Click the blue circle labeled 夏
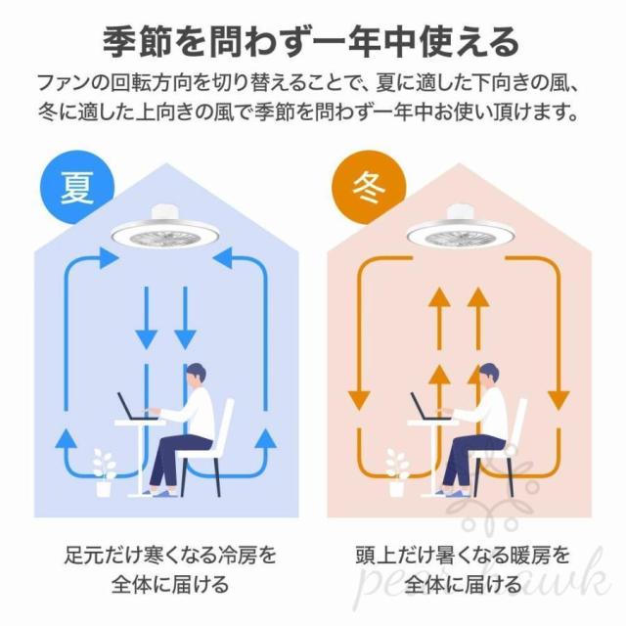pos(78,188)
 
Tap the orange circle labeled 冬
pos(370,188)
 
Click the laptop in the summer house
pos(136,407)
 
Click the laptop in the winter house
pos(429,407)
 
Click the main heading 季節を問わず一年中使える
pos(311,42)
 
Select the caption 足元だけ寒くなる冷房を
pos(170,556)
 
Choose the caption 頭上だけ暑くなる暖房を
pos(463,556)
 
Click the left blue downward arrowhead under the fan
pos(146,338)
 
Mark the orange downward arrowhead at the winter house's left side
pos(359,400)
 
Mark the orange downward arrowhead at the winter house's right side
pos(559,400)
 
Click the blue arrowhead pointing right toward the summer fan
pos(109,258)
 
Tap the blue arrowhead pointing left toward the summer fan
pos(222,258)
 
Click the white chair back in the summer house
pos(224,424)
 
